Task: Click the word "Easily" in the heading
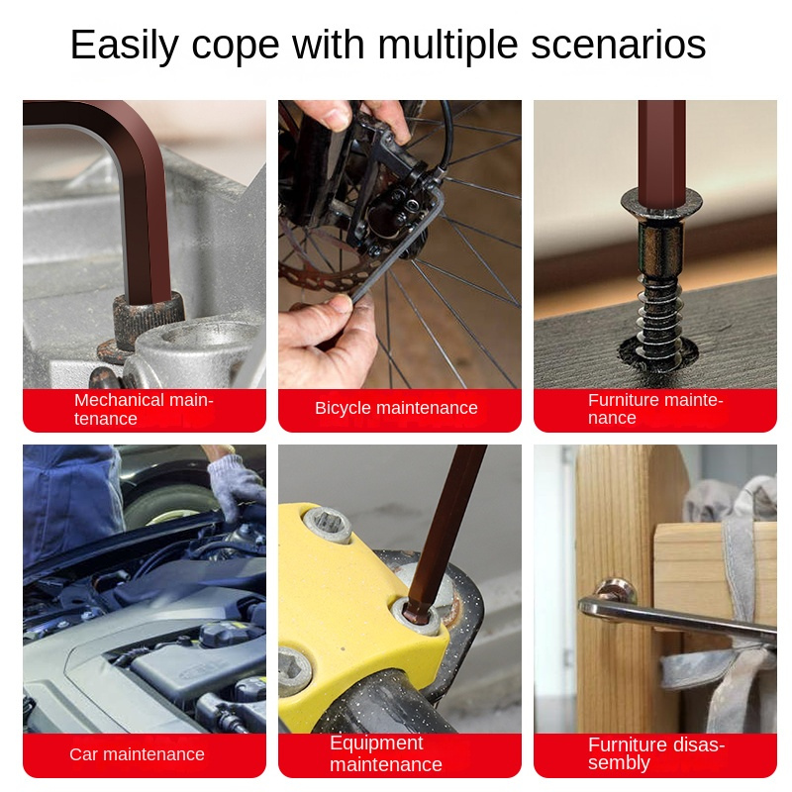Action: click(x=125, y=45)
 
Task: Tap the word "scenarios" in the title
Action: click(x=618, y=45)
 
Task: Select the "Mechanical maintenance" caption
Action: click(x=144, y=409)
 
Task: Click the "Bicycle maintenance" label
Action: click(x=396, y=408)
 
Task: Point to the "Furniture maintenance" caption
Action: click(x=655, y=409)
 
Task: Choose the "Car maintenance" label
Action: click(x=137, y=754)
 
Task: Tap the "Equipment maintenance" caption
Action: click(x=386, y=753)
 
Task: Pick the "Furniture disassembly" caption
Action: click(x=656, y=753)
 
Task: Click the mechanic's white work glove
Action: click(x=237, y=485)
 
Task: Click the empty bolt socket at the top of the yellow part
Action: click(x=328, y=525)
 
